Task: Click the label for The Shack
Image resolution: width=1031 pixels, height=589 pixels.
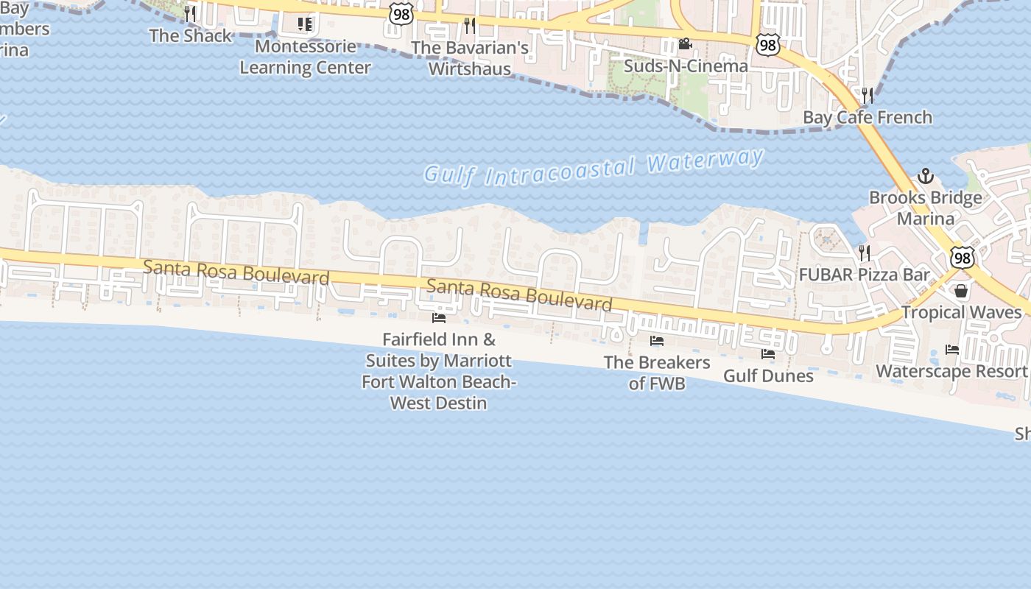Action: coord(191,35)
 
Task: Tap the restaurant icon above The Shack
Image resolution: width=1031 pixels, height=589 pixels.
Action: coord(190,13)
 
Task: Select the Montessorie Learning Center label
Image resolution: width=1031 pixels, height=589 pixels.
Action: coord(305,57)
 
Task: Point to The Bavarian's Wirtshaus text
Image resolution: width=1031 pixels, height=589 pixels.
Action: coord(470,58)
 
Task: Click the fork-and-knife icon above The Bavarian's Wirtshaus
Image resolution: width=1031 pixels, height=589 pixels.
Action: coord(470,26)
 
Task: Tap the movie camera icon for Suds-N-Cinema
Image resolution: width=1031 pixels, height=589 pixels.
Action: coord(685,44)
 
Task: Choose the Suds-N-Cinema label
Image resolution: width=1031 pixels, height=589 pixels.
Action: coord(686,66)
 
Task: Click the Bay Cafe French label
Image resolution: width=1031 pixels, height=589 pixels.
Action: coord(867,117)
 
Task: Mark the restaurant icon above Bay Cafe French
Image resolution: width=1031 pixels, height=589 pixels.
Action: coord(868,95)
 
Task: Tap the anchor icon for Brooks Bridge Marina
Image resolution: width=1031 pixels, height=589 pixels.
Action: coord(925,176)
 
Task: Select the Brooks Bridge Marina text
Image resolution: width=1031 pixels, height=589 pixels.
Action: coord(925,208)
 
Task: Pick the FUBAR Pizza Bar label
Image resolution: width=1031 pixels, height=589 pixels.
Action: coord(865,275)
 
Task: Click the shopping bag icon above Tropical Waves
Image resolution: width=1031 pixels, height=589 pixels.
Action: coord(961,291)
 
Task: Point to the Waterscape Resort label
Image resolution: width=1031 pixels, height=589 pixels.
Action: coord(951,371)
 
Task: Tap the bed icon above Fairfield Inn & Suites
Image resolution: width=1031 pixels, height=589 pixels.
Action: coord(439,318)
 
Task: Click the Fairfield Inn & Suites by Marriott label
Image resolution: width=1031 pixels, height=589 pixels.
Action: coord(439,371)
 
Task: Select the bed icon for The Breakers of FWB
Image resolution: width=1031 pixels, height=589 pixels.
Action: coord(657,341)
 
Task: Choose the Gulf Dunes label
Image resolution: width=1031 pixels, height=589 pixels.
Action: coord(768,375)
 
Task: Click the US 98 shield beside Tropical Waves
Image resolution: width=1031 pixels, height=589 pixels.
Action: coord(962,257)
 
